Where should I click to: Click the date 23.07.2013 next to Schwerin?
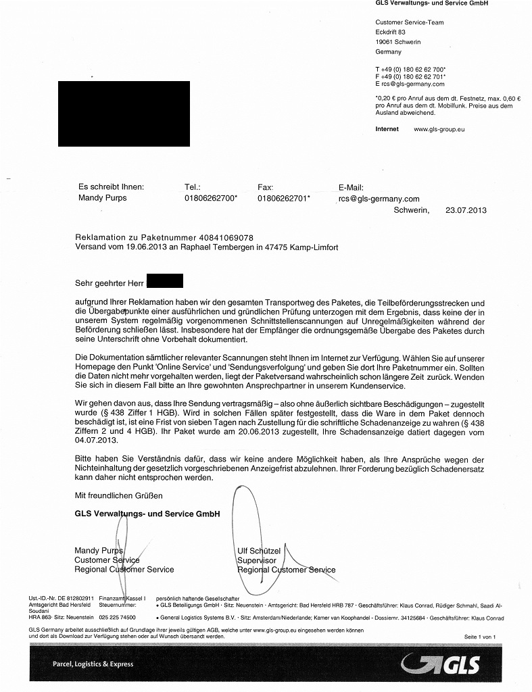466,210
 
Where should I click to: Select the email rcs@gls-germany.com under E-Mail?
379,199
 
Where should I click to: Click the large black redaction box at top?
124,113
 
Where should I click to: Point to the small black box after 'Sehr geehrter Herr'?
164,280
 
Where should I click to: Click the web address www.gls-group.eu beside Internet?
439,128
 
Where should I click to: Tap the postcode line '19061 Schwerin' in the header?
398,42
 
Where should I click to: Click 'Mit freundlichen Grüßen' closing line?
118,495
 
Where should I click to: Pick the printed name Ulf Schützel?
259,551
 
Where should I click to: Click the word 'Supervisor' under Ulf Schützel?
257,560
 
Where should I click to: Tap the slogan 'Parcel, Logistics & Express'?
93,664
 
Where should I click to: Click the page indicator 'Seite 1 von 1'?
480,637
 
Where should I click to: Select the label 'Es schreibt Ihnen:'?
111,187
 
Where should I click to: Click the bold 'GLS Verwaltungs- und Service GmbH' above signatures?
147,514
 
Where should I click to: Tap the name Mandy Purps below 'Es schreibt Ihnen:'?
102,198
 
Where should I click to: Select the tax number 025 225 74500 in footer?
117,618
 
